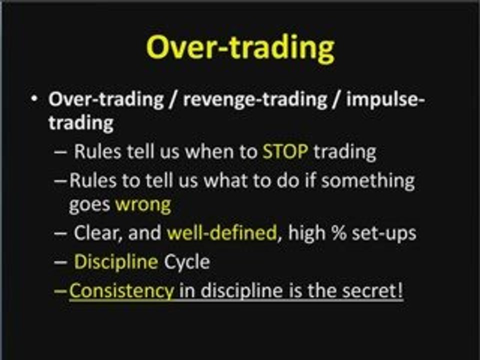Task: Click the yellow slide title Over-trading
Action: (240, 48)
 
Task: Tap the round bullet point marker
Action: (34, 98)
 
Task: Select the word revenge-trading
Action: (255, 100)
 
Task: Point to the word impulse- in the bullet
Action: (385, 100)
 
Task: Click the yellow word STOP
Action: (285, 151)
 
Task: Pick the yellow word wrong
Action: (143, 205)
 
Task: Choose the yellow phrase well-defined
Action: (222, 233)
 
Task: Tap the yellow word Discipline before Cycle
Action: (116, 262)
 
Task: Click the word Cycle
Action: (186, 262)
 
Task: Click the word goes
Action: (89, 205)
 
